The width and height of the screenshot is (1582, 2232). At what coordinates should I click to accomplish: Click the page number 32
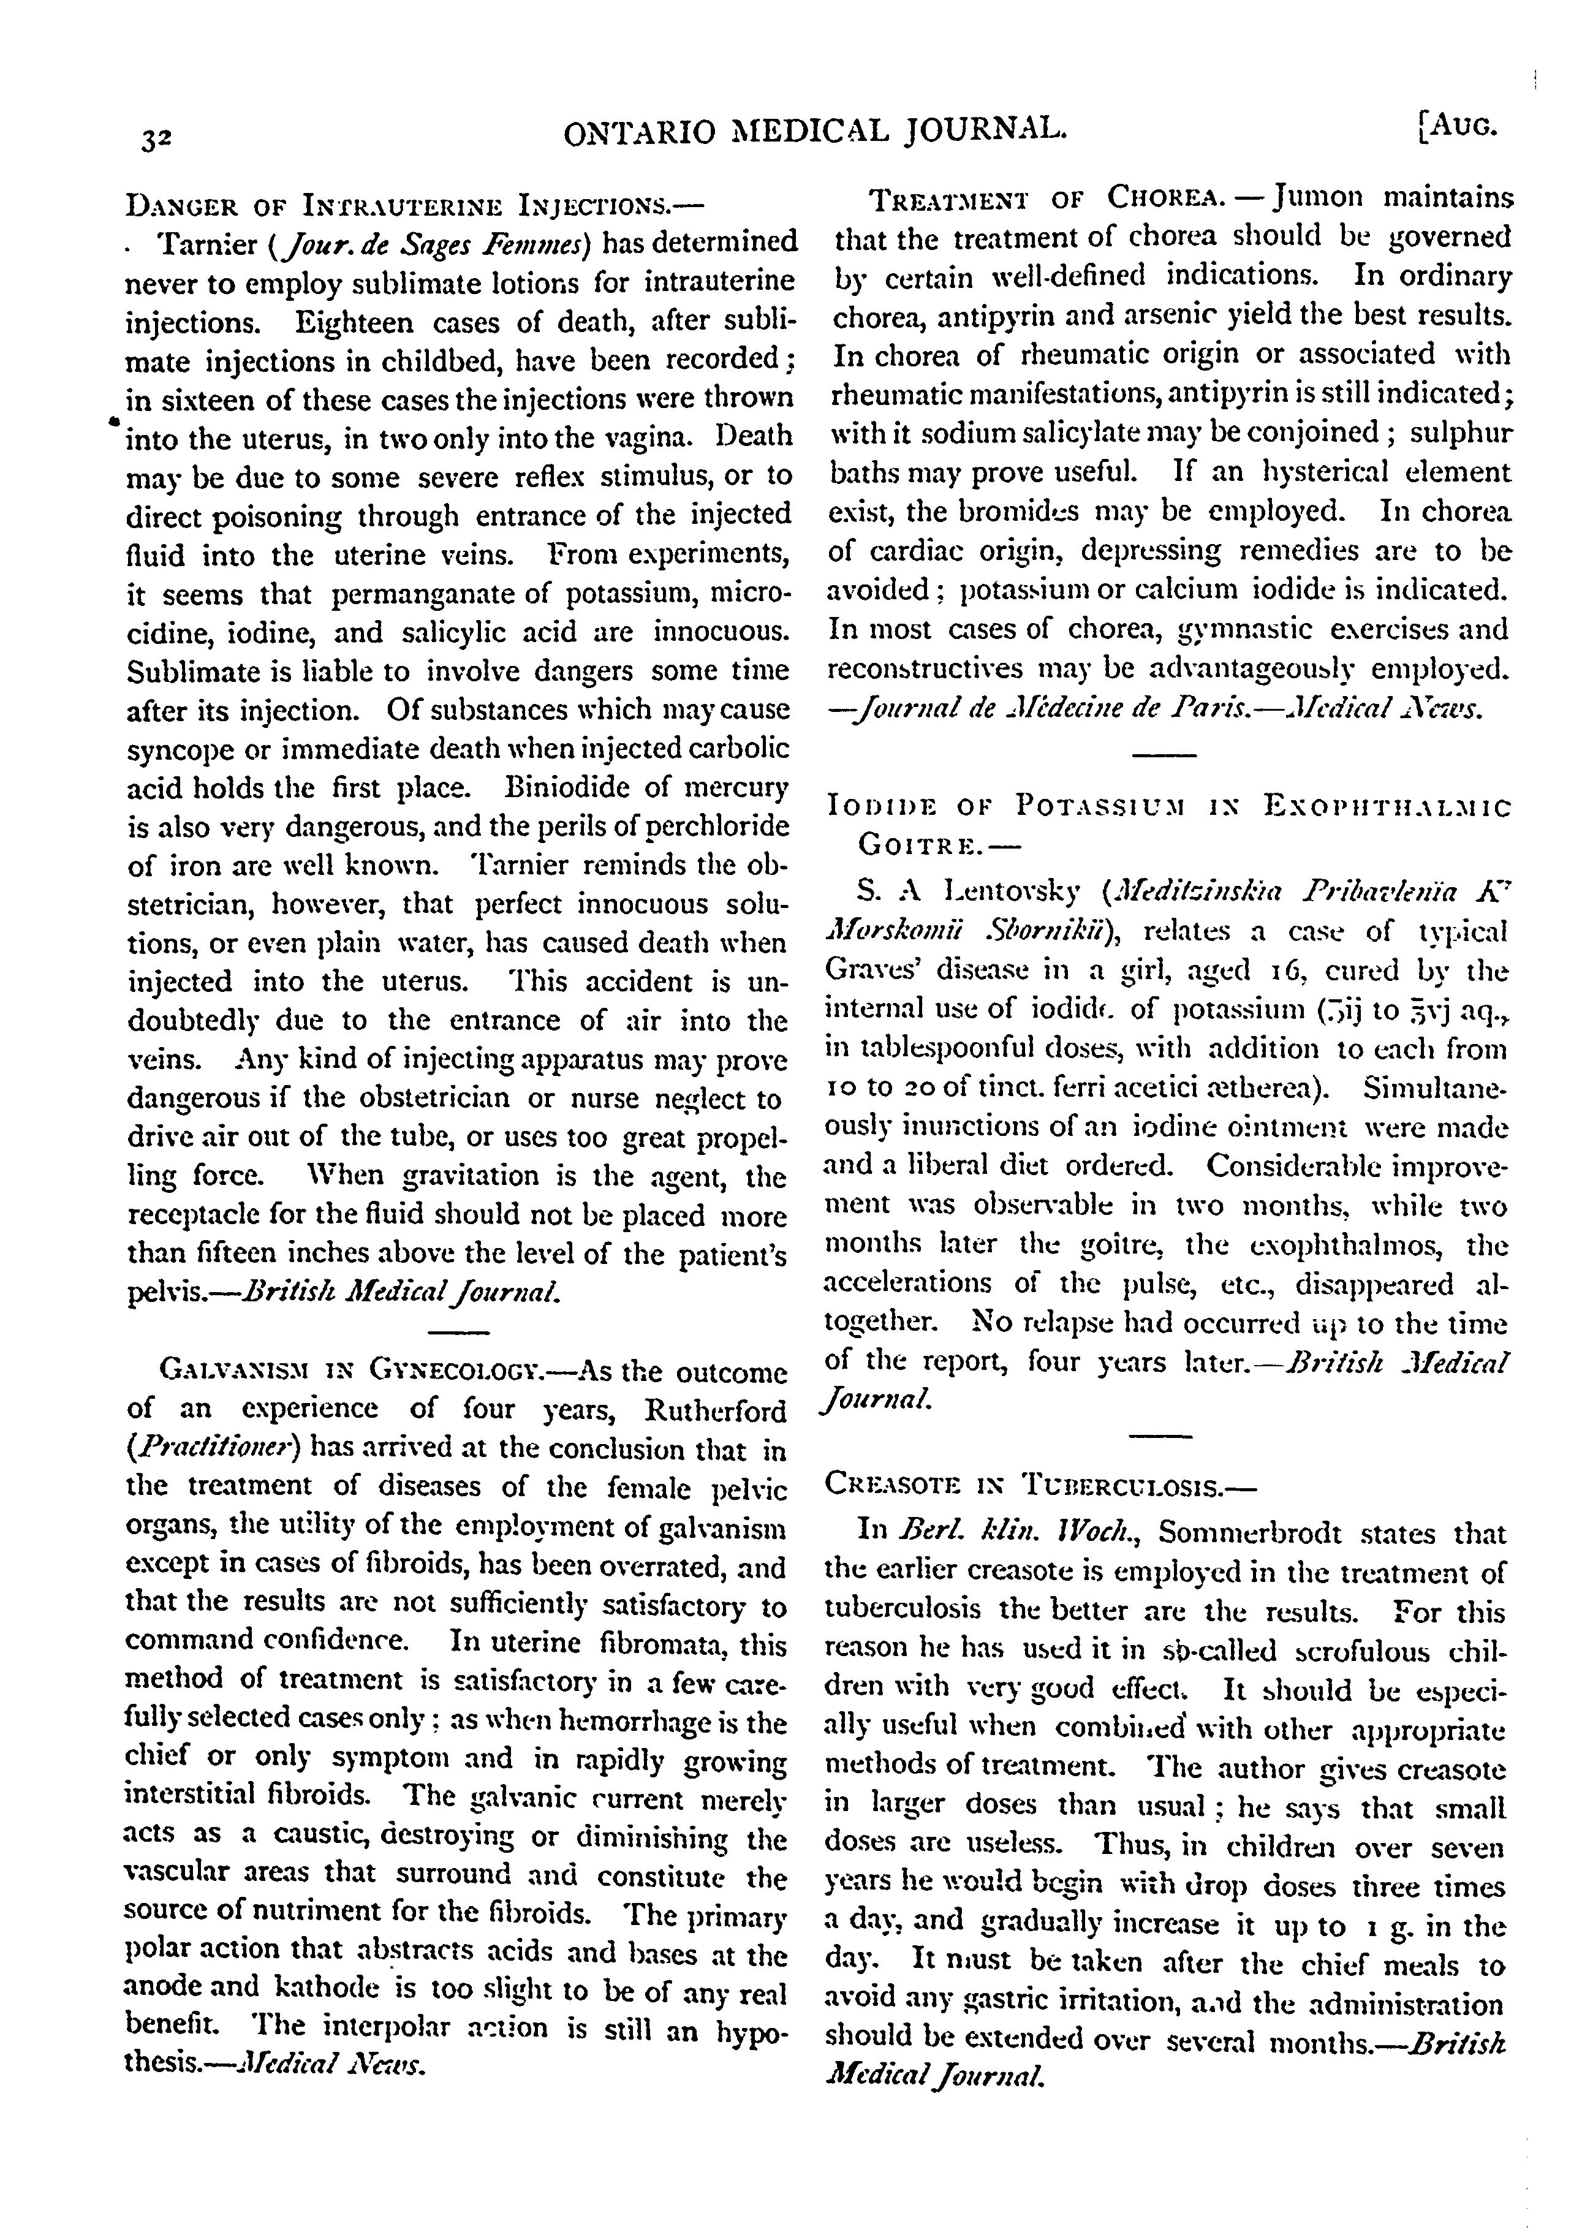[x=156, y=138]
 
